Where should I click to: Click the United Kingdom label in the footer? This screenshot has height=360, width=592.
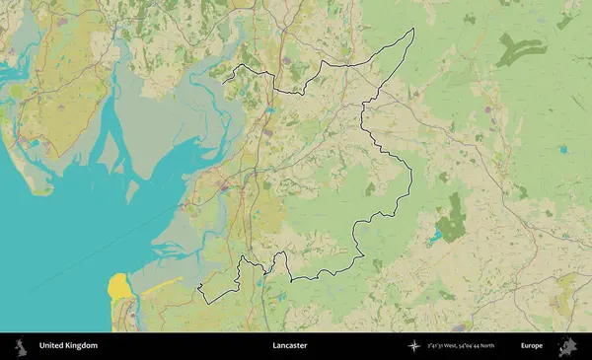[x=68, y=346]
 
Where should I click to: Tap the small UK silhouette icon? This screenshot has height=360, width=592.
[x=21, y=346]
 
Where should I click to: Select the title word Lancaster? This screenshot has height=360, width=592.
[x=290, y=346]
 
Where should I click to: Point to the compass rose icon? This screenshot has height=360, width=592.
[x=412, y=346]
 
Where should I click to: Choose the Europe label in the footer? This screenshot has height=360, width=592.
[x=532, y=346]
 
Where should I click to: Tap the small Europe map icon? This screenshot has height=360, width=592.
[x=566, y=346]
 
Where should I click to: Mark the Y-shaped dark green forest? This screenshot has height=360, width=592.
[x=521, y=48]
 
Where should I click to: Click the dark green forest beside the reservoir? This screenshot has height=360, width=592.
[x=454, y=220]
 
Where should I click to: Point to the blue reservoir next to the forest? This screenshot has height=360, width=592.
[x=435, y=237]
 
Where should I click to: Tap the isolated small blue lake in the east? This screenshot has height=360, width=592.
[x=562, y=149]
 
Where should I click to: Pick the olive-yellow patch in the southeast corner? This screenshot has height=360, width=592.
[x=566, y=287]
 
